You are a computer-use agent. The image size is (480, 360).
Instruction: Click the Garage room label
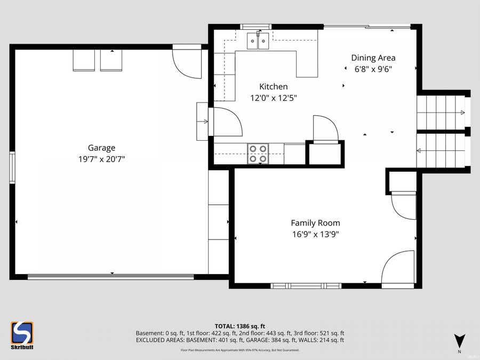pos(101,148)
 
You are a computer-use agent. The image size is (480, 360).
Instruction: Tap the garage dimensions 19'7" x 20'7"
pos(101,158)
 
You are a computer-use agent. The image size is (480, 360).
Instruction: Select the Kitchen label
pos(273,86)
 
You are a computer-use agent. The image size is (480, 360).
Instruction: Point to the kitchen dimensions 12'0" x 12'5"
pos(273,98)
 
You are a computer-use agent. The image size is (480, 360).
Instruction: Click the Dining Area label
pos(373,58)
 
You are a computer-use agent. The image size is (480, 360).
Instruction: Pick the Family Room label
pos(315,223)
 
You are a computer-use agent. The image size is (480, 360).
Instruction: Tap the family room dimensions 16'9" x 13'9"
pos(315,234)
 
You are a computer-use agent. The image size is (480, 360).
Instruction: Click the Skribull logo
pos(22,335)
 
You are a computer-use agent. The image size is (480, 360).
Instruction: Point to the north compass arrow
pos(459,340)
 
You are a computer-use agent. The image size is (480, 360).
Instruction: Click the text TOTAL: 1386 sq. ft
pos(239,326)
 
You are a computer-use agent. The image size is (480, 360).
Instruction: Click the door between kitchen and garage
pos(226,122)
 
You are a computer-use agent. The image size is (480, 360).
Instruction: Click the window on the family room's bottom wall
pos(306,286)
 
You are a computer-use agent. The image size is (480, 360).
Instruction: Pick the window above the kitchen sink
pos(257,26)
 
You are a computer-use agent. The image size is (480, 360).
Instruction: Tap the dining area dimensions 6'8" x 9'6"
pos(377,69)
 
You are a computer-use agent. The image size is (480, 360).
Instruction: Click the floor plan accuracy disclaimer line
pos(239,350)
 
